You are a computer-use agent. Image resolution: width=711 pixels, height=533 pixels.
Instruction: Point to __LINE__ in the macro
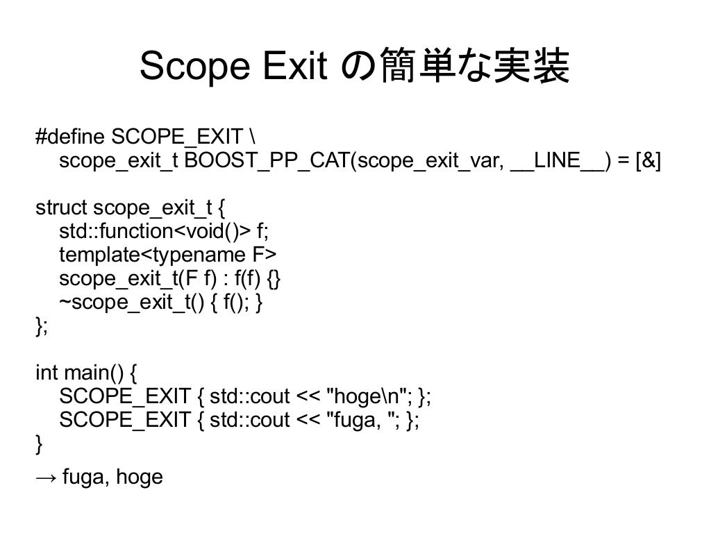coord(559,161)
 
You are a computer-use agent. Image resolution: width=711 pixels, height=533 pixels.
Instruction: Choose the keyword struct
coord(61,208)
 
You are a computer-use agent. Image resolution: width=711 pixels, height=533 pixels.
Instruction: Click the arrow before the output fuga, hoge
coord(46,477)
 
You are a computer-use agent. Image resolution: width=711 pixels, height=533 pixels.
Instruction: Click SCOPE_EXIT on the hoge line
coord(125,397)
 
